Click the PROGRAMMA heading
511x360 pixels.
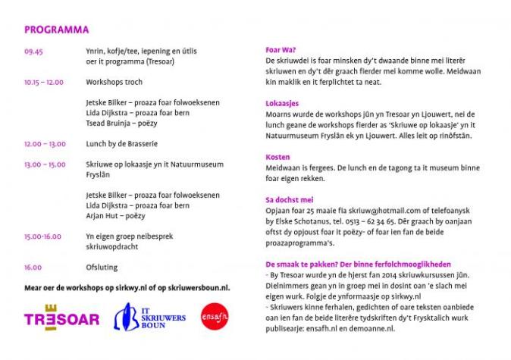pyautogui.click(x=57, y=30)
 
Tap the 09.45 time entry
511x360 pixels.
pyautogui.click(x=33, y=51)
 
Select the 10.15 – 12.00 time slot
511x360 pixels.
pyautogui.click(x=44, y=81)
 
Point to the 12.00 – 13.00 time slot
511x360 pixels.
pyautogui.click(x=45, y=143)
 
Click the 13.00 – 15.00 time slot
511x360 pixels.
pyautogui.click(x=45, y=164)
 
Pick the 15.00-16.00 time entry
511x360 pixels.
pyautogui.click(x=42, y=236)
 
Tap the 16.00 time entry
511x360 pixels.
pyautogui.click(x=33, y=267)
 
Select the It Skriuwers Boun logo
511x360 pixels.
pyautogui.click(x=149, y=317)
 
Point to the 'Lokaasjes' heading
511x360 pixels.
pyautogui.click(x=282, y=103)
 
